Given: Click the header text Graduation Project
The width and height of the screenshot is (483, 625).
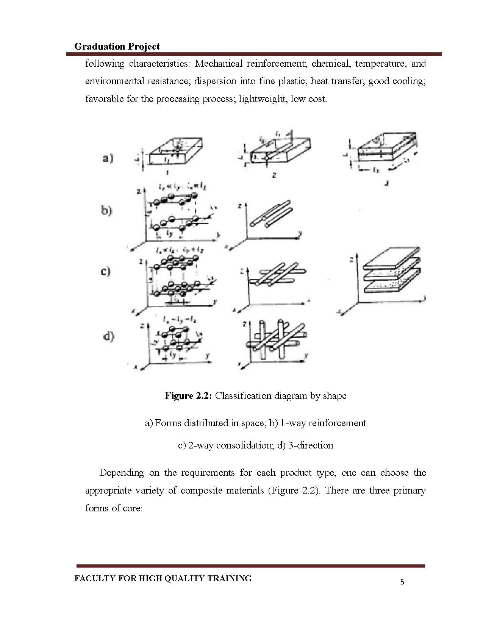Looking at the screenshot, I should [117, 47].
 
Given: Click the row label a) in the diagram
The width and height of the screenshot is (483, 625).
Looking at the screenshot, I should [108, 159].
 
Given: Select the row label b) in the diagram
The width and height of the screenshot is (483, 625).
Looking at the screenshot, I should [106, 211].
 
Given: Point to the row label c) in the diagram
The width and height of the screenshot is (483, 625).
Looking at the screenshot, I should [106, 272].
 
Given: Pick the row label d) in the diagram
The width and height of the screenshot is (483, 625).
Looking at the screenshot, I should [108, 336].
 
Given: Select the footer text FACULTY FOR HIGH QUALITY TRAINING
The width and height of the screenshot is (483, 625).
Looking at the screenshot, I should [163, 578].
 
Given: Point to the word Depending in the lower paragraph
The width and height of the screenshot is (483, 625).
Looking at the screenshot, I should [121, 473].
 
